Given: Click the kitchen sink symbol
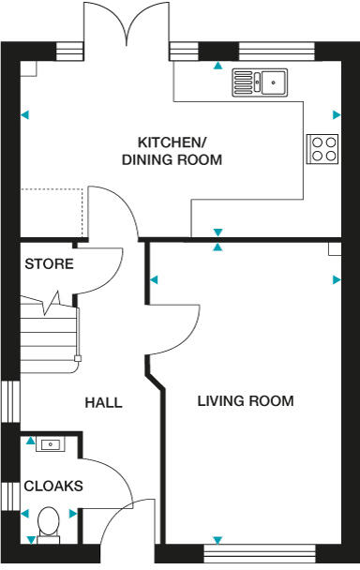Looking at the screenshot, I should pyautogui.click(x=262, y=83).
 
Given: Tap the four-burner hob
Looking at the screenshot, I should pyautogui.click(x=322, y=149).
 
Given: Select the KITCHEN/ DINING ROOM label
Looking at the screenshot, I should pyautogui.click(x=172, y=151).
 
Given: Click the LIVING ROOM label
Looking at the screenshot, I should pyautogui.click(x=246, y=401).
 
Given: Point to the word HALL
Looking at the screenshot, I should pyautogui.click(x=103, y=403).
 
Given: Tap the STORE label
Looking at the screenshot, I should pyautogui.click(x=50, y=264).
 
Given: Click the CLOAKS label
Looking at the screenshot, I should pyautogui.click(x=53, y=487).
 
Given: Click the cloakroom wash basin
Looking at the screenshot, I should pyautogui.click(x=48, y=445).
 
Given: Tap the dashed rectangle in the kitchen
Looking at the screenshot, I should pyautogui.click(x=53, y=212).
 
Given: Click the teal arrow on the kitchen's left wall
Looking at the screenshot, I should pyautogui.click(x=25, y=115).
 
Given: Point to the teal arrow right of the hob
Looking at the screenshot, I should pyautogui.click(x=336, y=115).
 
